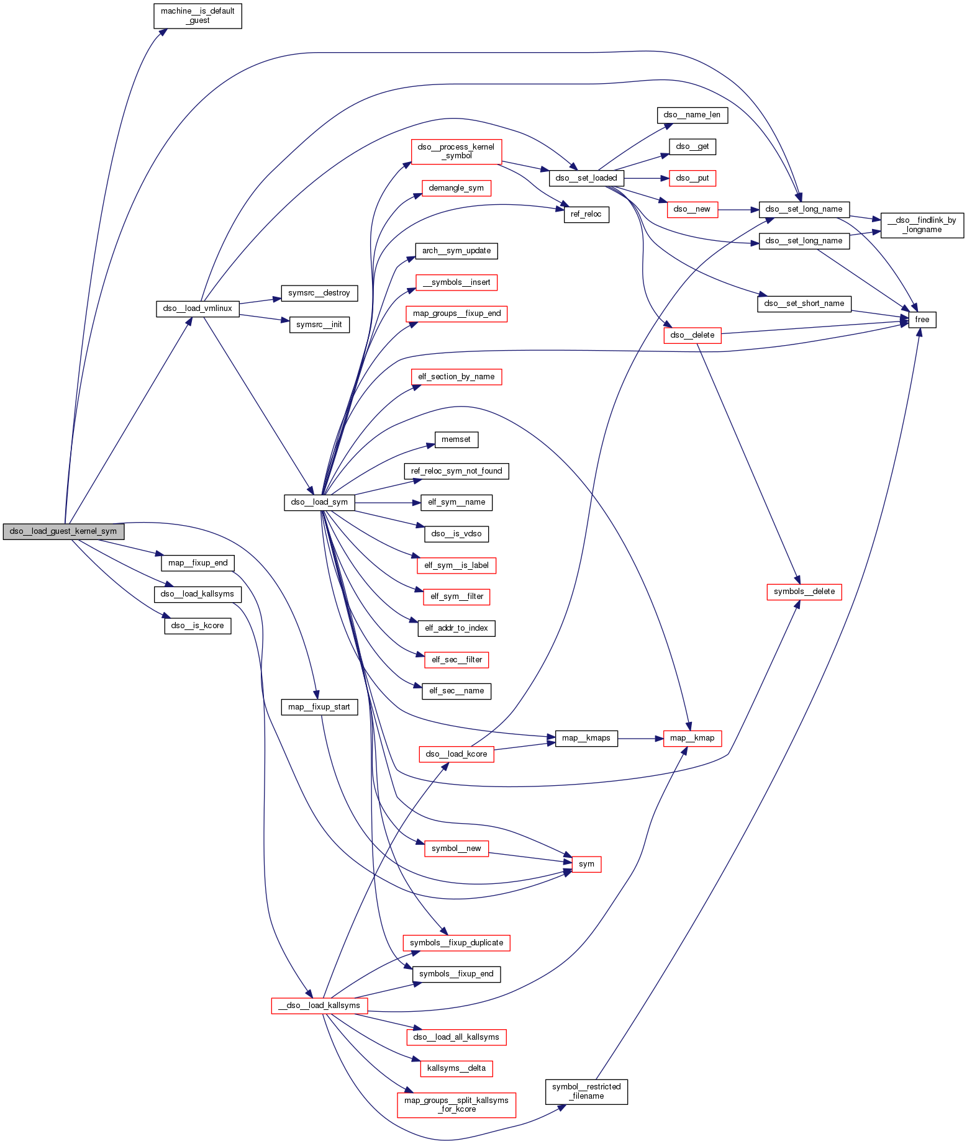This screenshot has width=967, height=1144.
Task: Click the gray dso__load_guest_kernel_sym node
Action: pos(63,531)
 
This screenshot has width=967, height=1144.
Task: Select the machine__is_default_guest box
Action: pos(197,16)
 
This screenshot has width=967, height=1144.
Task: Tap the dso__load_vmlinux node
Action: pos(197,309)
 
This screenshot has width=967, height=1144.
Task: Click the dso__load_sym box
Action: pos(319,502)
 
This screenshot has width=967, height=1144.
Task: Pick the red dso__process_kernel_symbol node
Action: pos(456,151)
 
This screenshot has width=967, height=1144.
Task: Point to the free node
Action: pos(922,320)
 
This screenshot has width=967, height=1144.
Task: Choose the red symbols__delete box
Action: pos(804,592)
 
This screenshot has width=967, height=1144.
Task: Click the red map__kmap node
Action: pos(692,738)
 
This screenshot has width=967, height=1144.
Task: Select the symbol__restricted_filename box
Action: pos(586,1091)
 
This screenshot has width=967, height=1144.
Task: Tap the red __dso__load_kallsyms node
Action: pos(319,1006)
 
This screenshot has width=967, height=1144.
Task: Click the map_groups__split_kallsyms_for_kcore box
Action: pos(456,1105)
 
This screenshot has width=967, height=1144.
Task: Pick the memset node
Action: pos(456,439)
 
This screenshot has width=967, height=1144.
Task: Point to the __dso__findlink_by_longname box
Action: pos(922,225)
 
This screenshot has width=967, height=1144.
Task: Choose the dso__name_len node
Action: pos(692,115)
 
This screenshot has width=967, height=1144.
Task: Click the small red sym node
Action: pos(586,864)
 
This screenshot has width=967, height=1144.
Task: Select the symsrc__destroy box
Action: pos(319,293)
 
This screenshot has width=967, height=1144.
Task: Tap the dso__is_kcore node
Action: pos(197,626)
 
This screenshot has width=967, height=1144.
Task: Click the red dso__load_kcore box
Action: pos(456,754)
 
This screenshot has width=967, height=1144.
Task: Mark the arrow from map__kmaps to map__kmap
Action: pos(640,738)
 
